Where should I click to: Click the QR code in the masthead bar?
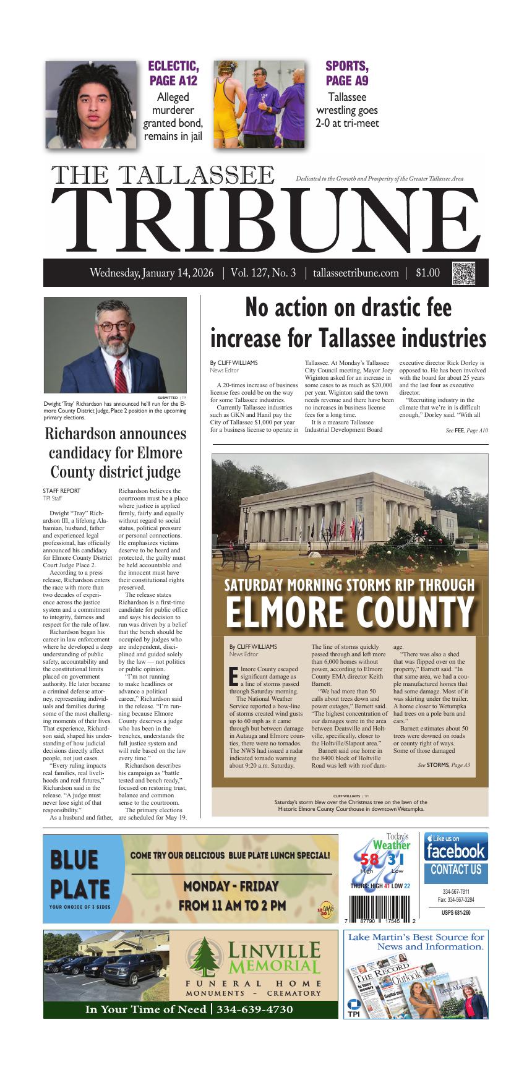coord(465,273)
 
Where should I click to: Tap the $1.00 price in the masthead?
coord(428,273)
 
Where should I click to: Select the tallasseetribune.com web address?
coord(356,273)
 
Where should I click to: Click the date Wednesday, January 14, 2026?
coord(152,273)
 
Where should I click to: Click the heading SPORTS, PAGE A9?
coord(346,74)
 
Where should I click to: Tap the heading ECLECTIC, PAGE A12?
coord(173,74)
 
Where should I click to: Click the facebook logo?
coord(455,851)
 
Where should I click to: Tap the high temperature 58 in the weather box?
coord(369,860)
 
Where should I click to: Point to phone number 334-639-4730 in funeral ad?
coord(255,1009)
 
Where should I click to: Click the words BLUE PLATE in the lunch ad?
coord(74,874)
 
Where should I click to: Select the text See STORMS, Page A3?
coord(444,765)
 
